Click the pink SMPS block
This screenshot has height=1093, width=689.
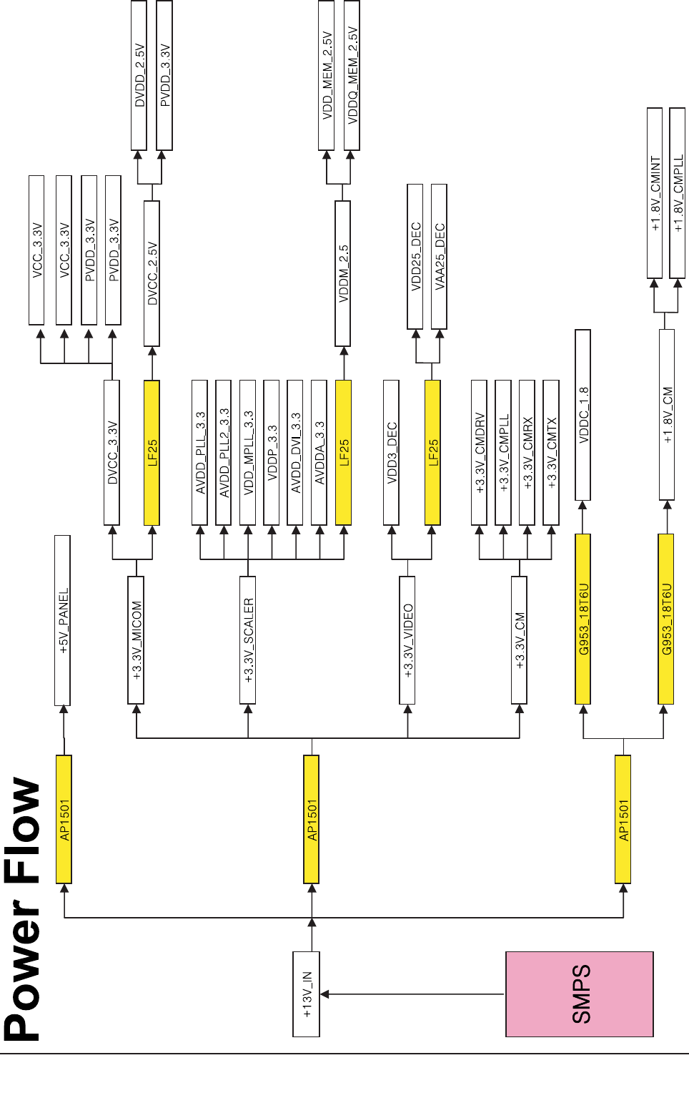click(x=580, y=994)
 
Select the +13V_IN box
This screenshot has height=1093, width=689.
click(x=306, y=994)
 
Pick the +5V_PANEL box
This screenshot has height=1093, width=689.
click(x=63, y=619)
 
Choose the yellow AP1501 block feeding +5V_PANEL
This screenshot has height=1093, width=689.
click(x=64, y=819)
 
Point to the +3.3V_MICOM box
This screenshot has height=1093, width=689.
click(x=136, y=639)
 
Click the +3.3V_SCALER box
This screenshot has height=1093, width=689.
click(x=247, y=639)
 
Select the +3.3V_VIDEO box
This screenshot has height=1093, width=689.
click(x=407, y=639)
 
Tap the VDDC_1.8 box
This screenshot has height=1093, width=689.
click(x=583, y=415)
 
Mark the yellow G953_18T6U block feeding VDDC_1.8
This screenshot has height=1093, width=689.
click(x=583, y=619)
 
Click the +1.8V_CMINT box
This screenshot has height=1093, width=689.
click(x=655, y=193)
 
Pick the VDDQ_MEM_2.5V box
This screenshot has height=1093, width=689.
click(x=352, y=75)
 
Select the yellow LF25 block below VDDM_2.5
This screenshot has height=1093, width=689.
click(x=343, y=452)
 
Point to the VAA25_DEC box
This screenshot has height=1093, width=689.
click(x=440, y=256)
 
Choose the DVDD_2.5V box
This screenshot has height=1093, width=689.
click(x=139, y=75)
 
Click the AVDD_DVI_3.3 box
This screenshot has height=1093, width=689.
click(x=295, y=452)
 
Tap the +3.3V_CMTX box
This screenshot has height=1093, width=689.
click(x=551, y=452)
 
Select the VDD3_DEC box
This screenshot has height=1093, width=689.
click(x=391, y=452)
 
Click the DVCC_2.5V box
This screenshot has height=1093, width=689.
click(x=152, y=273)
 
